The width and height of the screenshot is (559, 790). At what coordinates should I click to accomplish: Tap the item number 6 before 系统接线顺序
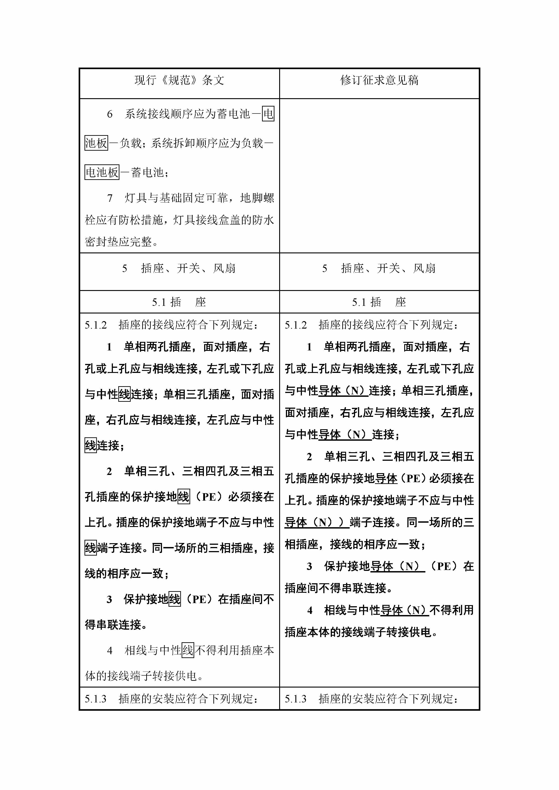click(x=110, y=114)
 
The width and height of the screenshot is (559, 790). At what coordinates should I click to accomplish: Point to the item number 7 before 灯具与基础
click(x=110, y=198)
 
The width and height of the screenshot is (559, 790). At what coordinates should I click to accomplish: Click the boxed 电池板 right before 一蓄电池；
click(x=102, y=172)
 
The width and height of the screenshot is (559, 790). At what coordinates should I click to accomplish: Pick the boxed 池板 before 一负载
click(x=96, y=143)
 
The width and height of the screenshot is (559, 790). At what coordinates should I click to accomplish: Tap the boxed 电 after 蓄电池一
click(x=268, y=114)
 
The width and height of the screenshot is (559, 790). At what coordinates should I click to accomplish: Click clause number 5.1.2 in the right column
click(x=296, y=325)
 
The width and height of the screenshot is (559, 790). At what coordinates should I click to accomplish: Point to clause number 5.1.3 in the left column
click(x=96, y=699)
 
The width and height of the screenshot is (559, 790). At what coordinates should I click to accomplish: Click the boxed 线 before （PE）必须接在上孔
click(x=183, y=497)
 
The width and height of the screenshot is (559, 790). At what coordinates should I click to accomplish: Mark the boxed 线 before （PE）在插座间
click(x=175, y=599)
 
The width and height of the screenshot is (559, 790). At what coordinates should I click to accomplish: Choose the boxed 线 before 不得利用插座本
click(x=188, y=651)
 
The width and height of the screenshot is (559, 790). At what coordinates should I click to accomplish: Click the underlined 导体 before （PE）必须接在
click(x=386, y=479)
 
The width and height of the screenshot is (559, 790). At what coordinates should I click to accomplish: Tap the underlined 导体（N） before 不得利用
click(x=404, y=610)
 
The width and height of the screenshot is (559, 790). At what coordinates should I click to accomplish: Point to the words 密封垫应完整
click(x=119, y=242)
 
